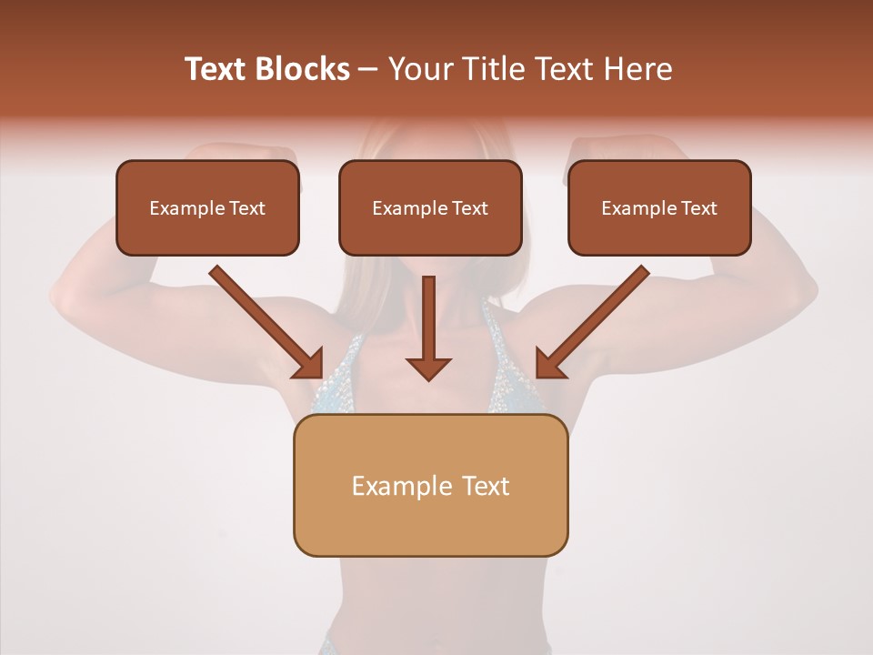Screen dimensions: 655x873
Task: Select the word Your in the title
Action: click(x=417, y=69)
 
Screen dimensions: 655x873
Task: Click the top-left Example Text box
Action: click(x=207, y=207)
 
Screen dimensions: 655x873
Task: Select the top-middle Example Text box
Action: click(x=430, y=207)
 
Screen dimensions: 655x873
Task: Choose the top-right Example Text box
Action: click(x=659, y=207)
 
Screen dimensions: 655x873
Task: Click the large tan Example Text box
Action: click(x=430, y=485)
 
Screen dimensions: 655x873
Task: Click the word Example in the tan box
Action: click(x=389, y=486)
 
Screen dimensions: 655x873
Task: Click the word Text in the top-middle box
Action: click(x=468, y=208)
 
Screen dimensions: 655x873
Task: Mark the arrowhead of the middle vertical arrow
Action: click(x=428, y=367)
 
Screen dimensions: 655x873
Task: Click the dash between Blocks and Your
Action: click(x=368, y=69)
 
